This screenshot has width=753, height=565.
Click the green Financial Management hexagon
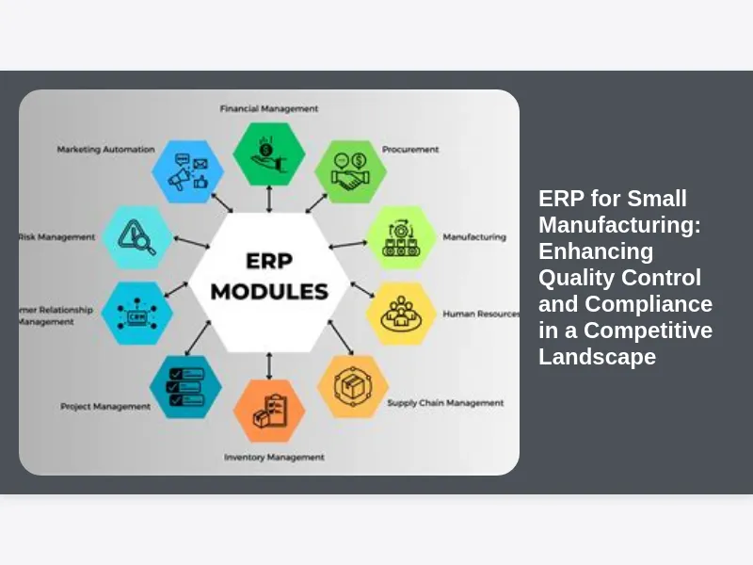point(270,153)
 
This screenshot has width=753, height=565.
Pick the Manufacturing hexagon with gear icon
point(399,237)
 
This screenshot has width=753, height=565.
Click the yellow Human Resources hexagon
point(400,314)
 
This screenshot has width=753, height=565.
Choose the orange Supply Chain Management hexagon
point(352,386)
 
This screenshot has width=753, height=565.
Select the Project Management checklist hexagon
point(185,386)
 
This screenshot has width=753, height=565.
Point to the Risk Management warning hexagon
point(136,237)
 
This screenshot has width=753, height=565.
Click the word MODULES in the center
point(269,291)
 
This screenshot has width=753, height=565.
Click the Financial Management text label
point(269,108)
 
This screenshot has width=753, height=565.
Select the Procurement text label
point(410,149)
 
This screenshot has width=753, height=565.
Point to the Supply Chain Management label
point(445,403)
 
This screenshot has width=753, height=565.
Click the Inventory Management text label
point(274,458)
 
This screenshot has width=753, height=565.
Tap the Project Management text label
point(105,407)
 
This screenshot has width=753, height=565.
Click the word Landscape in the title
point(597,357)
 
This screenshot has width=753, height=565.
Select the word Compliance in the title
point(649,304)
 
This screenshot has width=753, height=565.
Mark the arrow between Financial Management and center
point(270,200)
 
